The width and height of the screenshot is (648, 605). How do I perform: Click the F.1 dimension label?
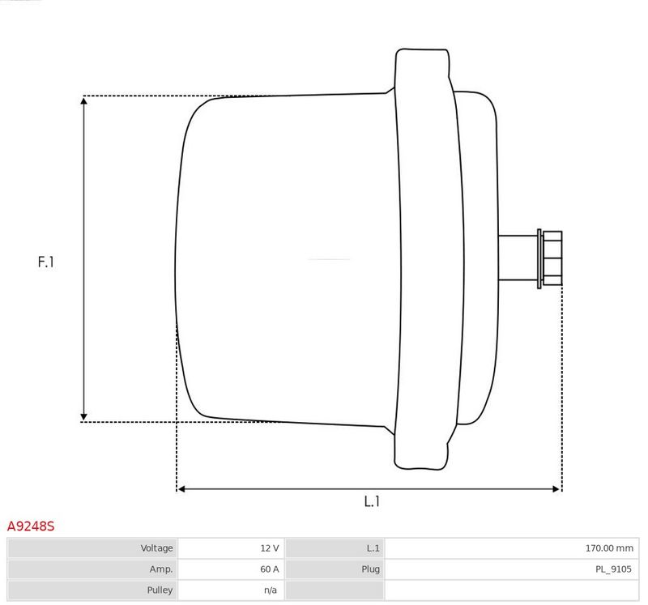[x=45, y=262]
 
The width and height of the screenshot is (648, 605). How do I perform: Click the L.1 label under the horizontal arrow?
[x=372, y=501]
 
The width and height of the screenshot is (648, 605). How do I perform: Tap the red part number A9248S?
[x=31, y=526]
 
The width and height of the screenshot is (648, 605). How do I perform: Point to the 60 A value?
[x=270, y=569]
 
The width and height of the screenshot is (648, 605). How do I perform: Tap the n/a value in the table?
[x=271, y=590]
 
